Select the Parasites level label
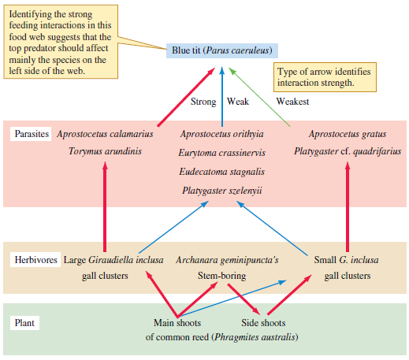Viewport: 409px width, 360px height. (x=32, y=134)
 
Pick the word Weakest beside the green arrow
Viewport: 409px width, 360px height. (x=292, y=102)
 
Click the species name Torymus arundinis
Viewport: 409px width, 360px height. (x=105, y=151)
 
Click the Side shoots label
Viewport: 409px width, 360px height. (x=263, y=323)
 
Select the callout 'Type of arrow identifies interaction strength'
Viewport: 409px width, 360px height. (x=323, y=77)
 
